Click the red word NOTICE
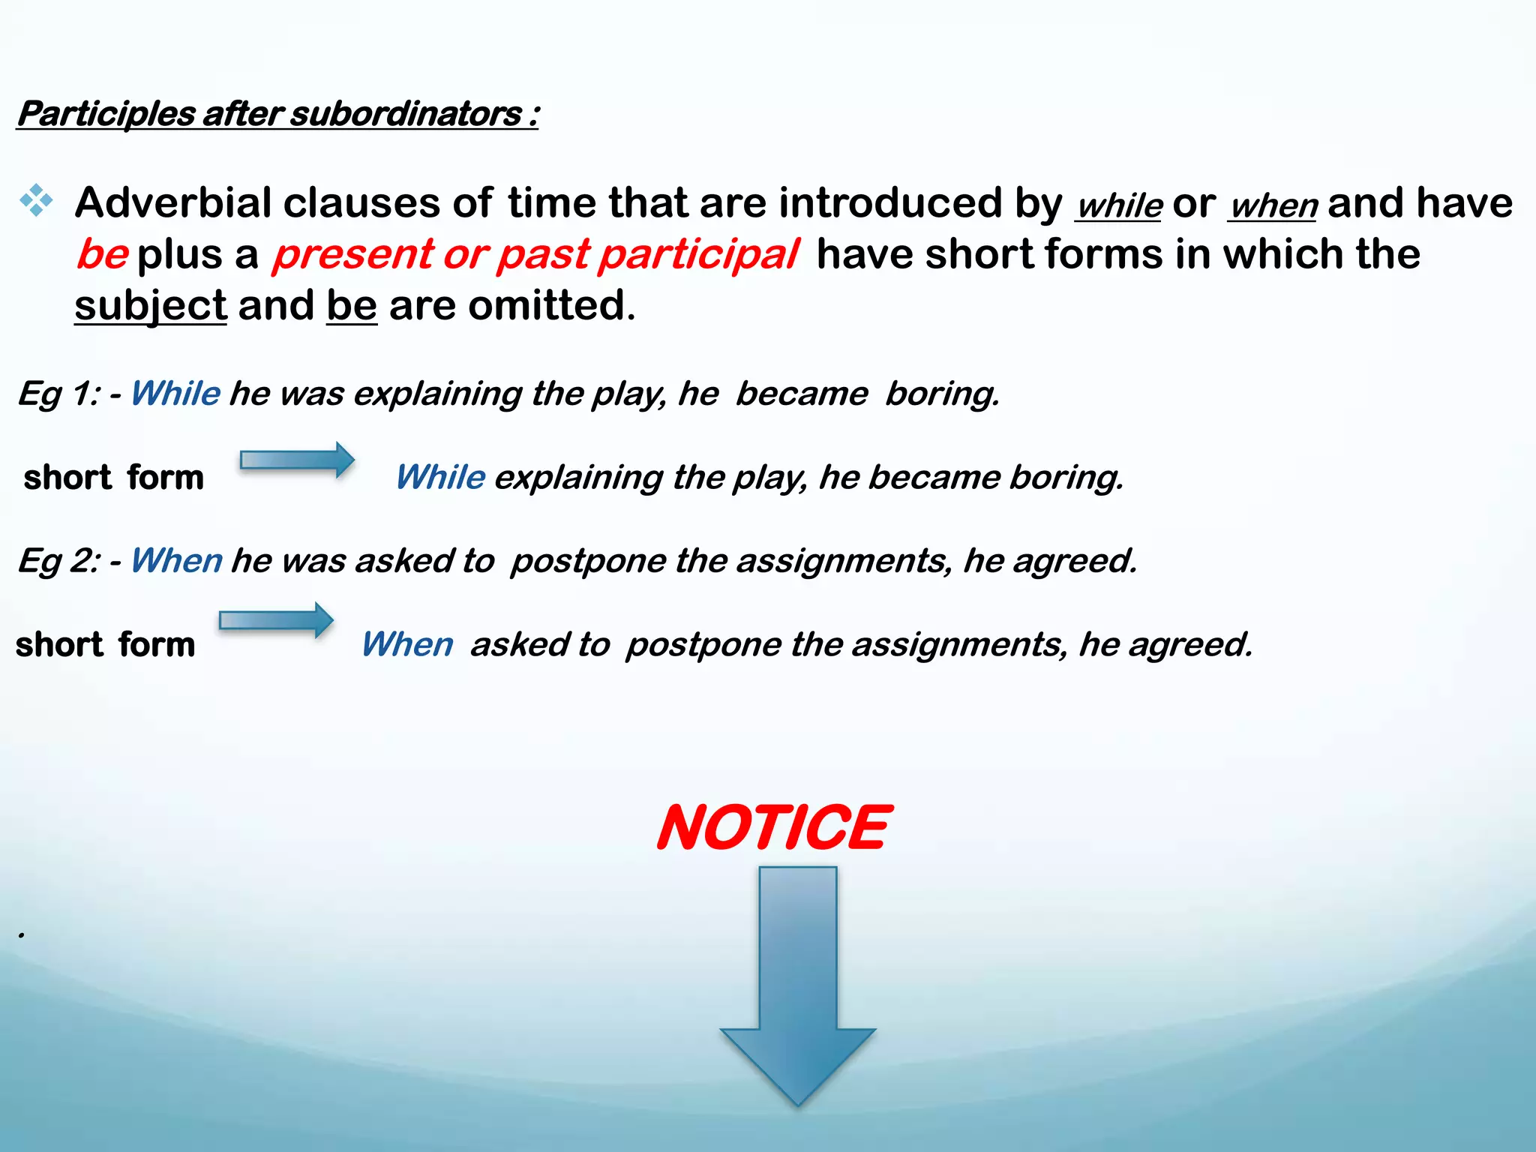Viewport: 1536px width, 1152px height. click(774, 827)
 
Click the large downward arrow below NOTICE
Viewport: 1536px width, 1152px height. click(798, 990)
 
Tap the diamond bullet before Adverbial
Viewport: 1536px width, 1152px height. click(36, 201)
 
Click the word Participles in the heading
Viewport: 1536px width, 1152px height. click(106, 114)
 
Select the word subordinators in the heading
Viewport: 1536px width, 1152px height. click(406, 114)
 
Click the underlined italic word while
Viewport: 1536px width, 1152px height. click(1119, 205)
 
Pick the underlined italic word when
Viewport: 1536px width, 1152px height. click(1273, 205)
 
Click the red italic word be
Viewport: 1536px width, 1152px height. click(103, 254)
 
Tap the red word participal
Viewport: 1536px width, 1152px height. click(698, 254)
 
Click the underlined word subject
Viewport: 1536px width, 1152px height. click(150, 306)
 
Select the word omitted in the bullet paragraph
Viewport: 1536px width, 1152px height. click(550, 306)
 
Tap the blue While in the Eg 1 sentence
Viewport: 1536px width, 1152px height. click(175, 394)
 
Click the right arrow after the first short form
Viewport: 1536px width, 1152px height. click(297, 460)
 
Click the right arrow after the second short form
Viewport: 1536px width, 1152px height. click(276, 620)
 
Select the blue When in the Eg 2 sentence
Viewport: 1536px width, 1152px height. click(175, 561)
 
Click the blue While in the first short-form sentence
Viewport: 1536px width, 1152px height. click(440, 478)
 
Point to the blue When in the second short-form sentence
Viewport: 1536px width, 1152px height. click(407, 645)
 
